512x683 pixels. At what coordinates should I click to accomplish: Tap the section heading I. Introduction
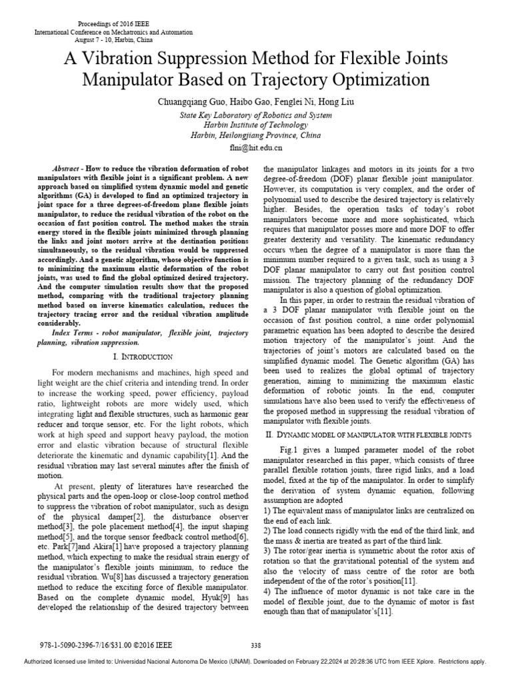coord(139,357)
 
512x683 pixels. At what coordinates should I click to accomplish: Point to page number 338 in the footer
coord(255,645)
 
